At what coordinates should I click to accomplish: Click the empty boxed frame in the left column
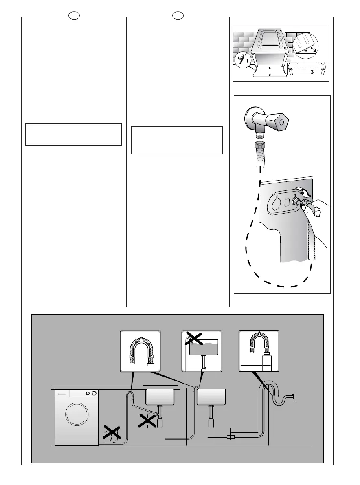[73, 134]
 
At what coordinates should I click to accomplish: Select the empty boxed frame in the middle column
[177, 140]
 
